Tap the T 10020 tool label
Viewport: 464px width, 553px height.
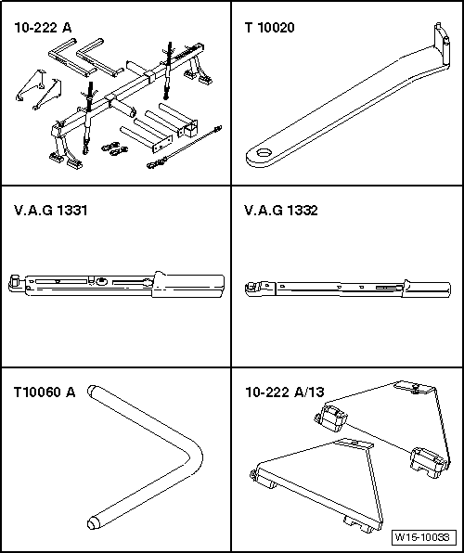pos(270,28)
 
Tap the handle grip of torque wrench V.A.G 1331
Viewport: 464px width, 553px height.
pos(190,282)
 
